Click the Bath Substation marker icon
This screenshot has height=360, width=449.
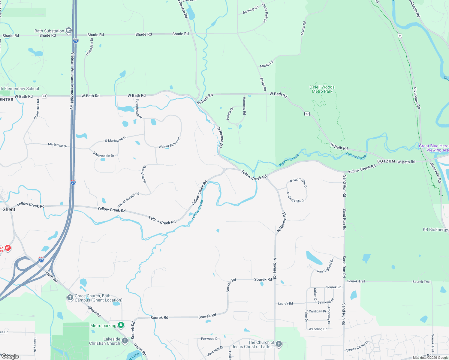69,30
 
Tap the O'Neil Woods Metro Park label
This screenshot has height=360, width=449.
322,89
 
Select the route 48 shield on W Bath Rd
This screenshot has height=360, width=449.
44,96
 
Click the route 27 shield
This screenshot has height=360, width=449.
307,114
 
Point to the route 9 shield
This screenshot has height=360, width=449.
400,36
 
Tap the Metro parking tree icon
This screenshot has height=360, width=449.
121,325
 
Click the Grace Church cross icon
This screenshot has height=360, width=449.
70,297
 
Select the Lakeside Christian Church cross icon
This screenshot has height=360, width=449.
125,340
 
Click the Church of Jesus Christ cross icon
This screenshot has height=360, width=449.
279,344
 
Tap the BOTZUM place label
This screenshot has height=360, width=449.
386,161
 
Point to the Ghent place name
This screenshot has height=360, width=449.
9,209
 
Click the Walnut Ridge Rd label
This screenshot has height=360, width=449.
170,143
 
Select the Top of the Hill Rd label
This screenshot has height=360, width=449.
128,199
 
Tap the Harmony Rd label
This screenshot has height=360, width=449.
244,106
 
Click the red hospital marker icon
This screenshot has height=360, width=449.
8,248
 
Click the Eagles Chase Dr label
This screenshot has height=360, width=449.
357,346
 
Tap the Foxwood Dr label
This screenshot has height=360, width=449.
210,339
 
